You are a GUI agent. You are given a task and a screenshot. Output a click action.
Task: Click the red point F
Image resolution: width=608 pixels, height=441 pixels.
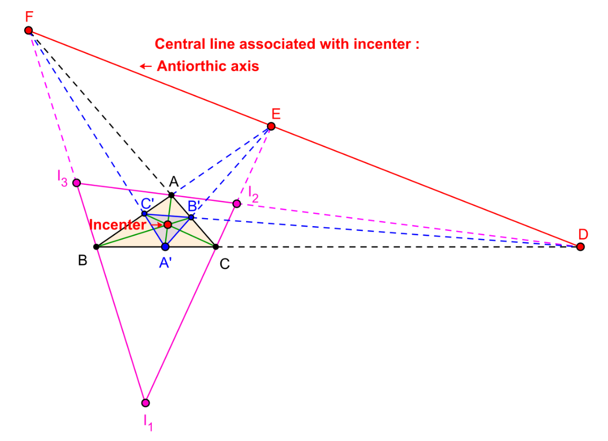[x=28, y=30]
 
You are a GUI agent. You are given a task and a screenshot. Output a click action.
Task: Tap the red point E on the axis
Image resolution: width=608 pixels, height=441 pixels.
[x=271, y=126]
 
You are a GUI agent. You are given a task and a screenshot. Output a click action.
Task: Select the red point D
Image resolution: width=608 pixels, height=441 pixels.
[x=581, y=247]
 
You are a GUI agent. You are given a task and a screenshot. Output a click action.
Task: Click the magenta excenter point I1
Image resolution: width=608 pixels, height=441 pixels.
[x=145, y=403]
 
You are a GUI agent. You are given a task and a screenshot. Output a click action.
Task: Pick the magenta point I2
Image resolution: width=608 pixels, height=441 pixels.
[x=236, y=204]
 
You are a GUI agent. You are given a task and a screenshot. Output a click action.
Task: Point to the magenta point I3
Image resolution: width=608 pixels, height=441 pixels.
[x=77, y=183]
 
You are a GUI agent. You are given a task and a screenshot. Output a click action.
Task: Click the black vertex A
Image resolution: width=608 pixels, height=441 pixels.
[x=172, y=195]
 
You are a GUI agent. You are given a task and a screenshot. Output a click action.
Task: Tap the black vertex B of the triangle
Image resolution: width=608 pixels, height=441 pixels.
[x=96, y=247]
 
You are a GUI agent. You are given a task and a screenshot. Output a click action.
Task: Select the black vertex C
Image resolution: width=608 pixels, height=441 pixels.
[x=216, y=247]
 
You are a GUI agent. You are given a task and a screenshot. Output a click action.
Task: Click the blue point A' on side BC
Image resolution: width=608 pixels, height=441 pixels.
[x=165, y=247]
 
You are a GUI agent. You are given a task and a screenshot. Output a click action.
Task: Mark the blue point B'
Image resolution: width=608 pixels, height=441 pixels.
[x=191, y=218]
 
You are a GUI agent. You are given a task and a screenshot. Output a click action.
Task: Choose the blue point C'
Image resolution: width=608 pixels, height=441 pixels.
[x=144, y=213]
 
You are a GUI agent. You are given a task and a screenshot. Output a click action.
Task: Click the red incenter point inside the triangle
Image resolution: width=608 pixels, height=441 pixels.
[x=167, y=225]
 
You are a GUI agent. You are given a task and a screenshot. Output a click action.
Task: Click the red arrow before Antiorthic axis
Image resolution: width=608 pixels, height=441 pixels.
[x=145, y=66]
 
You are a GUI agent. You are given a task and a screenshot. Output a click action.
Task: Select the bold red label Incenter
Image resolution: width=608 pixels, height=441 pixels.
[x=117, y=225]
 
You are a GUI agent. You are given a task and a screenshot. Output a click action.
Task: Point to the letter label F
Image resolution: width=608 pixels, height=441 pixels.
[x=29, y=16]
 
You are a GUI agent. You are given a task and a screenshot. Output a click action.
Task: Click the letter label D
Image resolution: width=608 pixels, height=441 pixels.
[x=583, y=234]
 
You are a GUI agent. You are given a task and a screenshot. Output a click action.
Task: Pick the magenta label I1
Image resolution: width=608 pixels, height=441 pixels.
[x=148, y=422]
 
